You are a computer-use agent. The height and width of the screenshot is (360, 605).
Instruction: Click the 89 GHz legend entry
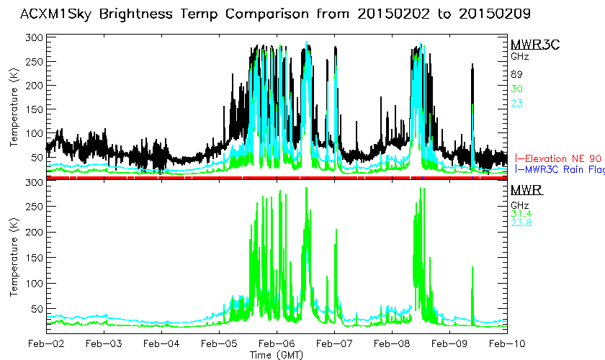[x=516, y=74]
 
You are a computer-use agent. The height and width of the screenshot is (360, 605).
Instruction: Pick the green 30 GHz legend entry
[x=516, y=89]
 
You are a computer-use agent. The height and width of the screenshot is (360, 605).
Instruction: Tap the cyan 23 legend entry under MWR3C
[x=516, y=103]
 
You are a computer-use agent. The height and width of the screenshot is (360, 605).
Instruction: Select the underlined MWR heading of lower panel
[x=526, y=190]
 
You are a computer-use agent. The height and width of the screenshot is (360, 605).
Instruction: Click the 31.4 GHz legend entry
[x=520, y=212]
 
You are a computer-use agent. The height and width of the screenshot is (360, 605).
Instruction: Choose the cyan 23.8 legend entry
[x=520, y=222]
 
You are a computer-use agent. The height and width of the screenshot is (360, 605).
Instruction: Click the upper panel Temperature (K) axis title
[x=14, y=108]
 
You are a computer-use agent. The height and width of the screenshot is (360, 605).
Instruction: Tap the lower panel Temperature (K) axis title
[x=14, y=257]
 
